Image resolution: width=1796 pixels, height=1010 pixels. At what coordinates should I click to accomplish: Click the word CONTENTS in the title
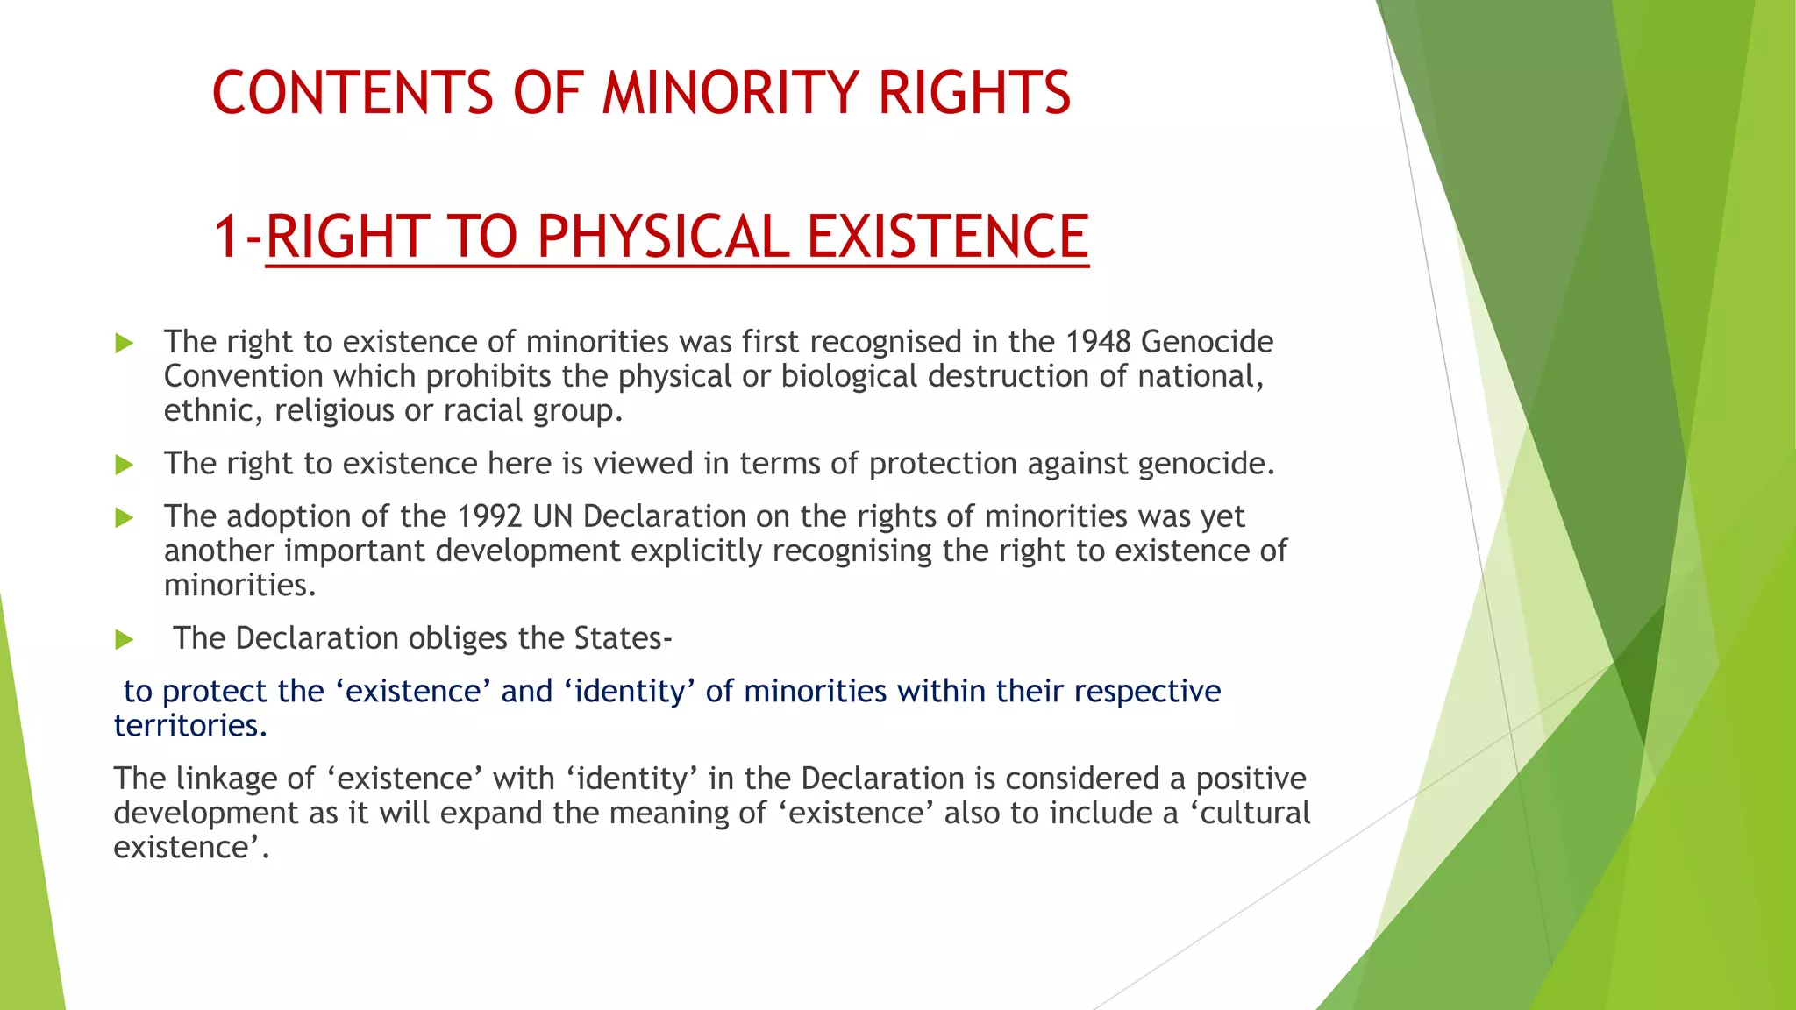(353, 93)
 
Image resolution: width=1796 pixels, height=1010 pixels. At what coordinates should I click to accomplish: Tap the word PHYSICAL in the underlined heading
(663, 237)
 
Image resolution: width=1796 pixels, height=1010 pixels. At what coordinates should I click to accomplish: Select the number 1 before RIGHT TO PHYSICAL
(226, 237)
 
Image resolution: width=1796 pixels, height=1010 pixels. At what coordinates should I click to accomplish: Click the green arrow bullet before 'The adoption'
(125, 518)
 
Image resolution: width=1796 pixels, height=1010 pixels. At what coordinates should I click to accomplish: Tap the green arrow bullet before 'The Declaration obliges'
(125, 640)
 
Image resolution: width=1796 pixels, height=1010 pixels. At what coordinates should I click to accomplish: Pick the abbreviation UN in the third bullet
(552, 516)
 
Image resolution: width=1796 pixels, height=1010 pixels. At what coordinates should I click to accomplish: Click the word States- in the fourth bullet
(623, 638)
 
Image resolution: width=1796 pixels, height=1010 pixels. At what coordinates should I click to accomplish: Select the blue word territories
(189, 726)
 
